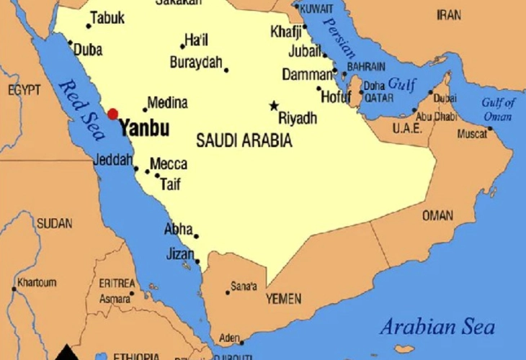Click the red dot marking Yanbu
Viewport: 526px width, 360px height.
[x=112, y=114]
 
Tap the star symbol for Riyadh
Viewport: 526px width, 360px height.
[x=274, y=106]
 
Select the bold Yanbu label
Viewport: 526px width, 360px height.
[x=144, y=130]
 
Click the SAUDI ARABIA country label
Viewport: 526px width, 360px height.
[x=244, y=141]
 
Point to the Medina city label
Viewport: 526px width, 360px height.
[x=167, y=102]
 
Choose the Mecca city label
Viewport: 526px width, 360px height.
[x=169, y=164]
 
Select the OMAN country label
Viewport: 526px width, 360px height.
[x=437, y=215]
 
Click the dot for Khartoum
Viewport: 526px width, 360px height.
[x=14, y=289]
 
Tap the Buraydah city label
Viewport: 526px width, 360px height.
[x=196, y=63]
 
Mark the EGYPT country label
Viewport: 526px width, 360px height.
[x=24, y=91]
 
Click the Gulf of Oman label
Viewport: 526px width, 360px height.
[x=498, y=109]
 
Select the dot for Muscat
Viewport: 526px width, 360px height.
[x=490, y=129]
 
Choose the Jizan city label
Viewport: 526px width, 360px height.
[x=180, y=253]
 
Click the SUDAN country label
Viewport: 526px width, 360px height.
[x=54, y=223]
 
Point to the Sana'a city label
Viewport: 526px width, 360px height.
[x=243, y=287]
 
